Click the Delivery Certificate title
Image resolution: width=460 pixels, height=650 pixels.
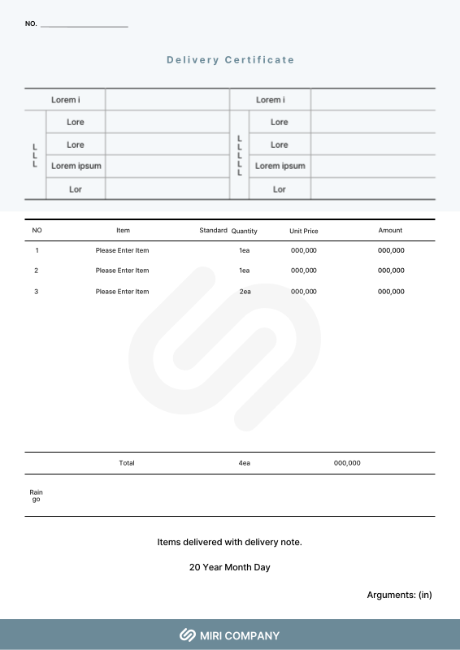230,60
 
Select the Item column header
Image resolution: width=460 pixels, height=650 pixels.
123,231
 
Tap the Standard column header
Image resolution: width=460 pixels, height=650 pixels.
213,231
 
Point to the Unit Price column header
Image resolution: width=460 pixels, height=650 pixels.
304,232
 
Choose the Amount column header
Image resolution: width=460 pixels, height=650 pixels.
390,231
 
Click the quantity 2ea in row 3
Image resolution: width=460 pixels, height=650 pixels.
245,291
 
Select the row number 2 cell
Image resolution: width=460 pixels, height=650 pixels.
37,271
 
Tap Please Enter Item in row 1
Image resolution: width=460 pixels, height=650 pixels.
122,250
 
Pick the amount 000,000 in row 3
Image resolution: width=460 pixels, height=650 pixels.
391,291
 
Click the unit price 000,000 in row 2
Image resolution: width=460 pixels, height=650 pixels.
304,271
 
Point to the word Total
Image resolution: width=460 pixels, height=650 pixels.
127,463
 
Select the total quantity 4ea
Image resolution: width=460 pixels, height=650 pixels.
245,463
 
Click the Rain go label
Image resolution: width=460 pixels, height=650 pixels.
36,496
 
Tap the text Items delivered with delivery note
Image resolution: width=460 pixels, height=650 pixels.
230,542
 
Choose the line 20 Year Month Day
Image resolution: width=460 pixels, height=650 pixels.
230,567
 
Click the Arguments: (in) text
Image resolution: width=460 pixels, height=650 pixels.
399,595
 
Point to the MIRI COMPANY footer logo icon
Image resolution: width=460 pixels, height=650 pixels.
188,635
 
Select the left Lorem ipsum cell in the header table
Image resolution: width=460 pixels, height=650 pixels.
76,166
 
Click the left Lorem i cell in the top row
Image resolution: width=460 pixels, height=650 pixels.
66,100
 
